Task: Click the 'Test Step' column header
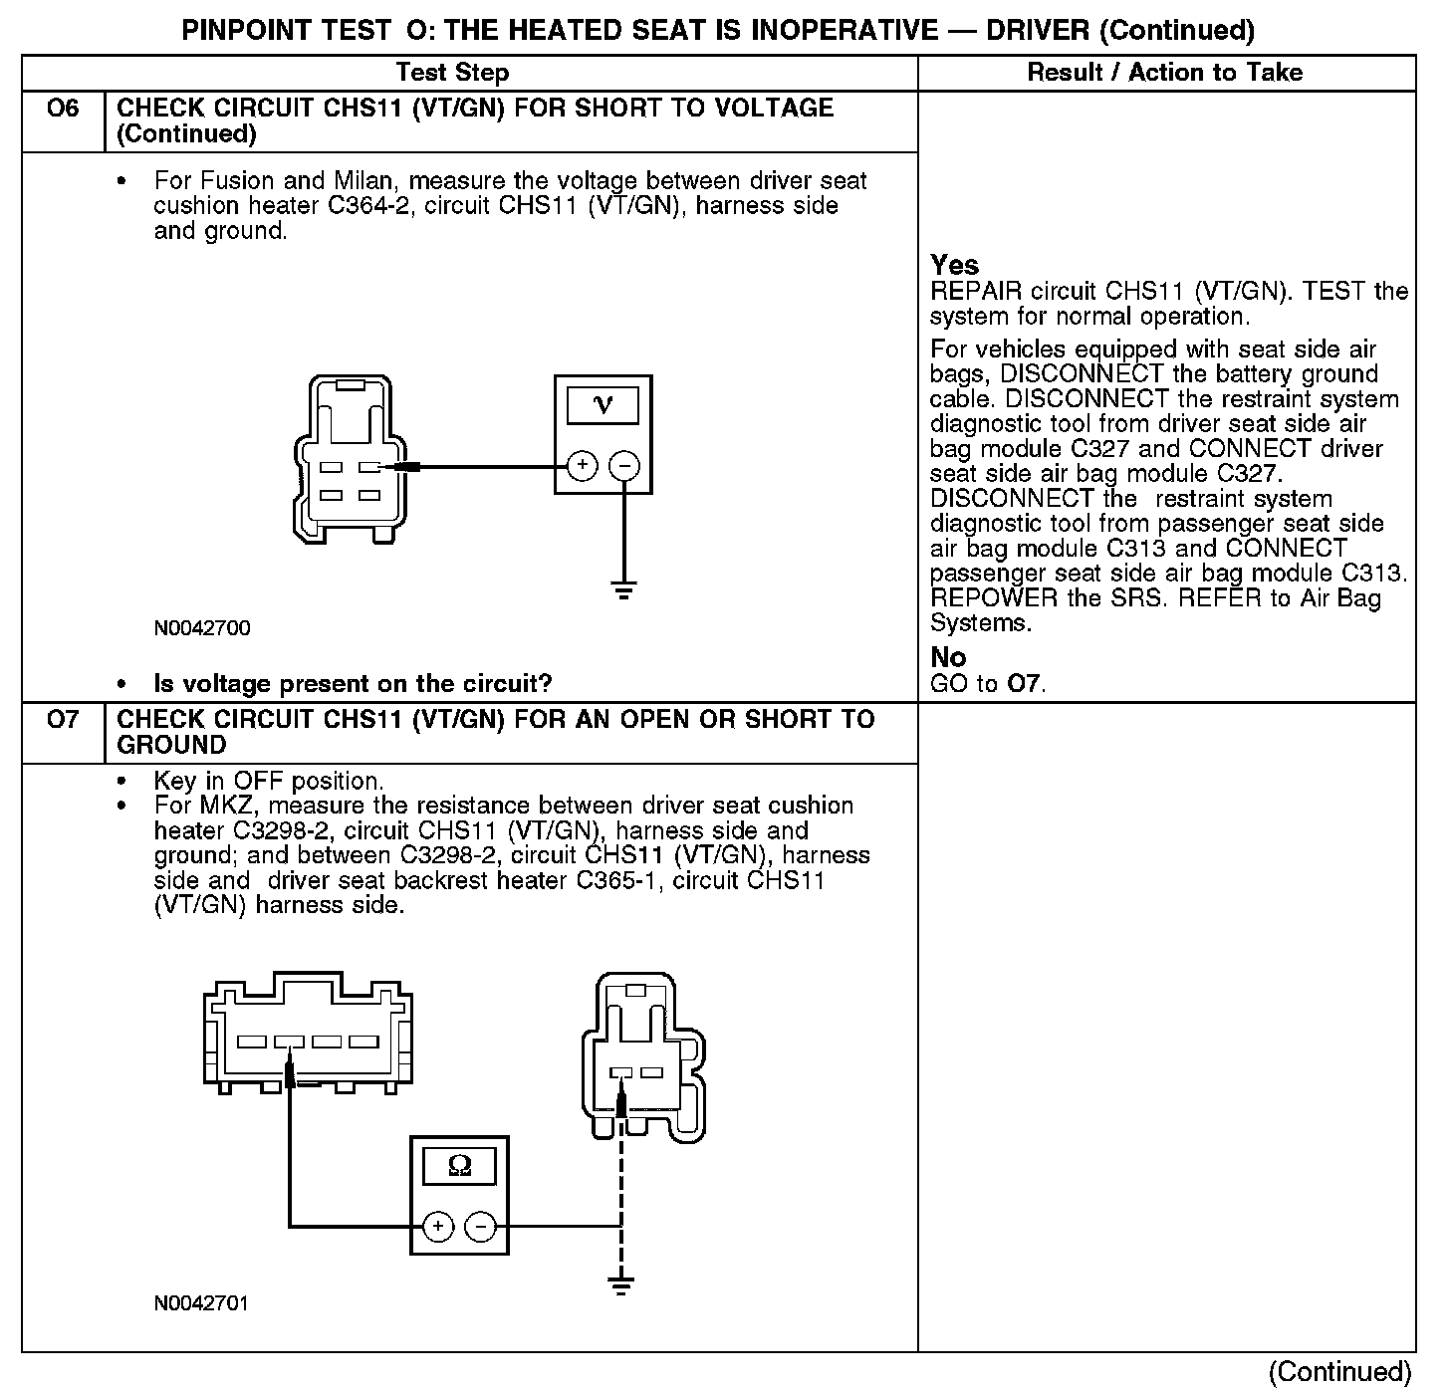click(x=452, y=73)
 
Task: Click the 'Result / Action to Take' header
click(x=1164, y=73)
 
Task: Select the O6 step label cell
click(x=63, y=109)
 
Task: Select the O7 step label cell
click(x=63, y=720)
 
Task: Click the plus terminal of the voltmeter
click(x=583, y=466)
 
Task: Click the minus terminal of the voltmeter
click(x=624, y=466)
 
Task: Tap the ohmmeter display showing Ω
click(x=459, y=1166)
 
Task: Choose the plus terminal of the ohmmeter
click(x=439, y=1227)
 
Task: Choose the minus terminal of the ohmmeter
click(x=481, y=1227)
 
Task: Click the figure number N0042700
click(x=202, y=628)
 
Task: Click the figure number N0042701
click(x=201, y=1303)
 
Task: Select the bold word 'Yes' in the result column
click(x=954, y=266)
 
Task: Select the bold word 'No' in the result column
click(x=948, y=657)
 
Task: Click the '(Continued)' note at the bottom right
click(x=1339, y=1372)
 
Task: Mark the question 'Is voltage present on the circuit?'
click(x=353, y=684)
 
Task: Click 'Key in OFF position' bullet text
click(x=268, y=781)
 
